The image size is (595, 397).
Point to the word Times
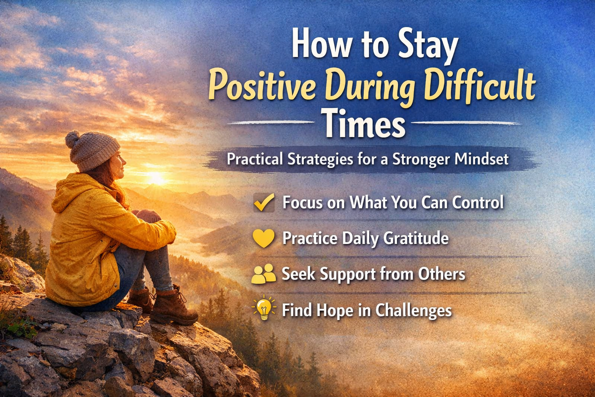pyautogui.click(x=365, y=123)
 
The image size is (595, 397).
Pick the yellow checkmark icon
pyautogui.click(x=264, y=202)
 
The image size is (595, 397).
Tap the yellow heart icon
pyautogui.click(x=264, y=238)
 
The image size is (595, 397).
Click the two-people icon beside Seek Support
pyautogui.click(x=263, y=274)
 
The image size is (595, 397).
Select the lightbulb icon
pyautogui.click(x=264, y=308)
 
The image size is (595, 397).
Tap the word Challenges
pyautogui.click(x=413, y=311)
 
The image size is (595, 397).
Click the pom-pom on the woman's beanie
pyautogui.click(x=72, y=139)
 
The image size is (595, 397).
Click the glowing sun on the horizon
pyautogui.click(x=155, y=178)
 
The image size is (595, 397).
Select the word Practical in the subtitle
pyautogui.click(x=255, y=159)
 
